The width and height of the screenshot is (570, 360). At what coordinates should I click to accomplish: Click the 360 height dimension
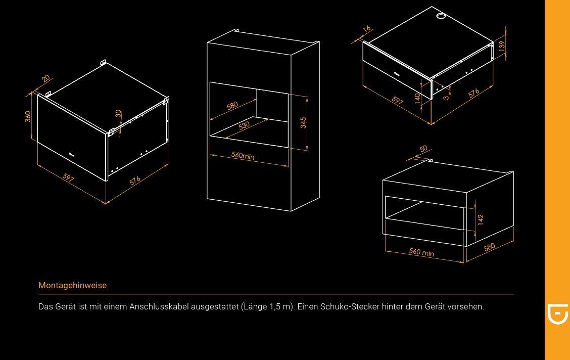click(28, 117)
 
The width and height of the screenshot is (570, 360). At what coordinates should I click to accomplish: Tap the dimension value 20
click(46, 78)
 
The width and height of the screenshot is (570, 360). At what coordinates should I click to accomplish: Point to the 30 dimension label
click(119, 113)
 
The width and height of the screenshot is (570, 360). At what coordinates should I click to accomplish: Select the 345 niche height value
click(303, 122)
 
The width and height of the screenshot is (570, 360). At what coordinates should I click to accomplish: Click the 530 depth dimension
click(244, 125)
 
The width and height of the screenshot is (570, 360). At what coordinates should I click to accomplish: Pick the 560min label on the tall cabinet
click(243, 156)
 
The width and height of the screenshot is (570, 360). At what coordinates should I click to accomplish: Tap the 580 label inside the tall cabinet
click(232, 106)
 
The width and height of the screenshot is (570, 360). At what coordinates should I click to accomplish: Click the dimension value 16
click(367, 28)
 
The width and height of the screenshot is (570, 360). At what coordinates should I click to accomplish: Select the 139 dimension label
click(502, 46)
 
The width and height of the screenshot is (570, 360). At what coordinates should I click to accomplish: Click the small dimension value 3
click(446, 98)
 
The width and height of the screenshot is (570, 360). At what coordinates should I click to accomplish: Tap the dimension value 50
click(423, 149)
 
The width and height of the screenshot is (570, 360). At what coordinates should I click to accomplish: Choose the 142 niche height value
click(481, 219)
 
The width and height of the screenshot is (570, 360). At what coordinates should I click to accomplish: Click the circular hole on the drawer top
click(441, 16)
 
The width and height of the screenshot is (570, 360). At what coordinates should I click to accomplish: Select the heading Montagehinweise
click(73, 286)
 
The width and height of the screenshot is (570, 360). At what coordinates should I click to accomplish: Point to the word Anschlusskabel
click(159, 306)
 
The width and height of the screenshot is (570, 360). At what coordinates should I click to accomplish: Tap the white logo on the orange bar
click(558, 314)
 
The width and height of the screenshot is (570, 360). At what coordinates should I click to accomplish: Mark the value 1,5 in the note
click(275, 307)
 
